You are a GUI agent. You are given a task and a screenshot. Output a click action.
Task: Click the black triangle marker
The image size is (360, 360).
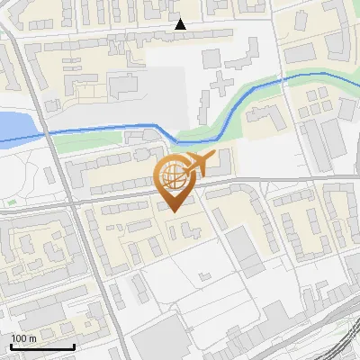181,24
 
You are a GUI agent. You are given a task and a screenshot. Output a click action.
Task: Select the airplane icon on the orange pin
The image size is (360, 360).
199,164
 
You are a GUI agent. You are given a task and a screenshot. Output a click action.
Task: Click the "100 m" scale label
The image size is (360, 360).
23,337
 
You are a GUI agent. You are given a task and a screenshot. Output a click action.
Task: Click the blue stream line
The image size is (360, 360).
99,130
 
